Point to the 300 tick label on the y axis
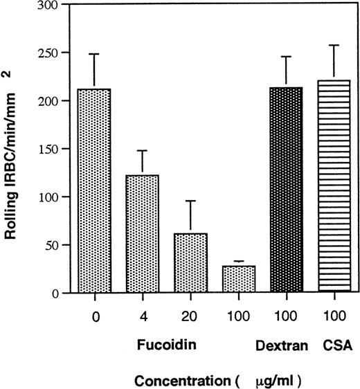[48, 6]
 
